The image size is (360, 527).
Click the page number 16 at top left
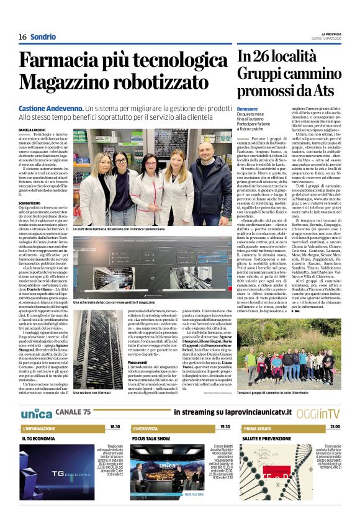tap(22, 37)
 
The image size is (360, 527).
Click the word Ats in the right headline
tap(324, 91)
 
